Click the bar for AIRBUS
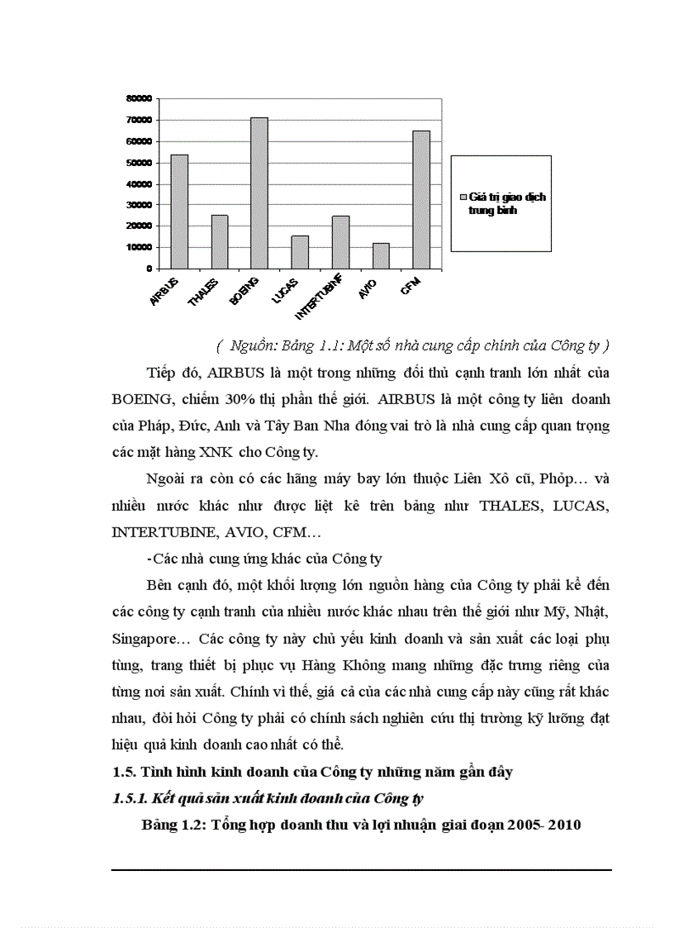179,212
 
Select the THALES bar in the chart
220,241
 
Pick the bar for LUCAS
300,252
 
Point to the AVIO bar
381,255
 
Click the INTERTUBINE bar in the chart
340,242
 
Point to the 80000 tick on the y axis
138,98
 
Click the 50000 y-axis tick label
138,162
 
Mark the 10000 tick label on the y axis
138,247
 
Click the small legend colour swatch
463,198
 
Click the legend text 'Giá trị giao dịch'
507,198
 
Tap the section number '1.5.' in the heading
124,773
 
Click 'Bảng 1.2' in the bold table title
172,825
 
